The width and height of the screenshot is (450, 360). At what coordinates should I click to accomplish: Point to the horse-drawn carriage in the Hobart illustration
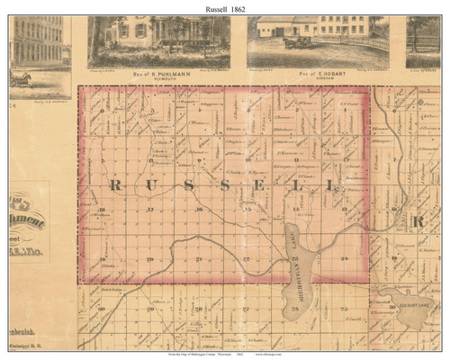297,40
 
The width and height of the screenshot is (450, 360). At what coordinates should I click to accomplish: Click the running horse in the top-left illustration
20,80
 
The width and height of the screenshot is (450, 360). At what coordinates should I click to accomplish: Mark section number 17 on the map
150,211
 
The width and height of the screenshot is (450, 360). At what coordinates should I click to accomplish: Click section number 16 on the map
198,211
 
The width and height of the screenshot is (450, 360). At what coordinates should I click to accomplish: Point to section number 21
198,260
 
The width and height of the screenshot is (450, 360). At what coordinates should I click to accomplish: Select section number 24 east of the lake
344,260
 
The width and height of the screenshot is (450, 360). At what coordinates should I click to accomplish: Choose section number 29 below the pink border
150,309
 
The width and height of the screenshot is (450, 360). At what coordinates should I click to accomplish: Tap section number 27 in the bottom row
246,309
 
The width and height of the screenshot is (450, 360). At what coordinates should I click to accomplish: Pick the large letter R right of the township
418,220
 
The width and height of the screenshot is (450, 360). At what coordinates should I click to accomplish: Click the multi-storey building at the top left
36,40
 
